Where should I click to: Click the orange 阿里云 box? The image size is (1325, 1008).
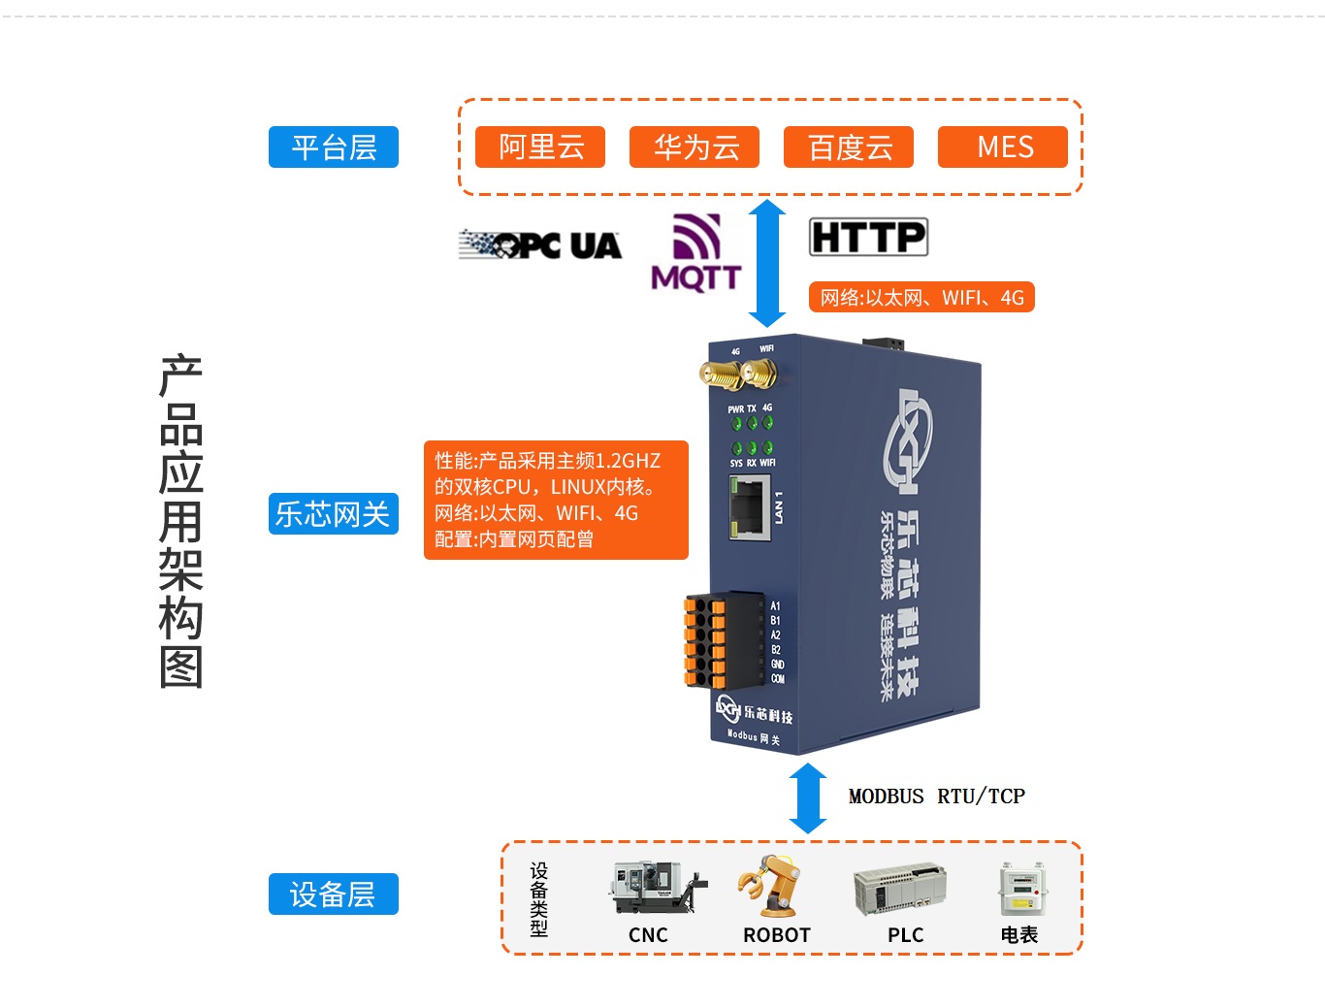540,147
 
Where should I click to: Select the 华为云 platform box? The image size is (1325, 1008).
695,147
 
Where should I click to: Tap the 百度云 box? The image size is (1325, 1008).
849,147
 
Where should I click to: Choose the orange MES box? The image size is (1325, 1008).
1003,147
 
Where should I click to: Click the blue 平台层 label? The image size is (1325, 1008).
334,147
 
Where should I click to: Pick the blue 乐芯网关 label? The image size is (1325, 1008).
334,513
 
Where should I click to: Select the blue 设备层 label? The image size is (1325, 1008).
334,894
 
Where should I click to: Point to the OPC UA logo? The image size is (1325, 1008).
540,245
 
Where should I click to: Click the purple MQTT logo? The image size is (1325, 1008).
696,252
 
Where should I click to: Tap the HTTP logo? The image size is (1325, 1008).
868,237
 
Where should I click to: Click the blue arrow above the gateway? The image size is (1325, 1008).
767,263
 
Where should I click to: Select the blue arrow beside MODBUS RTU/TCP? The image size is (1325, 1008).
808,798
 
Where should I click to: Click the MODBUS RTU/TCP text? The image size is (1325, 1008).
936,797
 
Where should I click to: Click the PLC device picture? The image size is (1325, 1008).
899,890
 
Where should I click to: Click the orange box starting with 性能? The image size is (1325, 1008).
556,501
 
